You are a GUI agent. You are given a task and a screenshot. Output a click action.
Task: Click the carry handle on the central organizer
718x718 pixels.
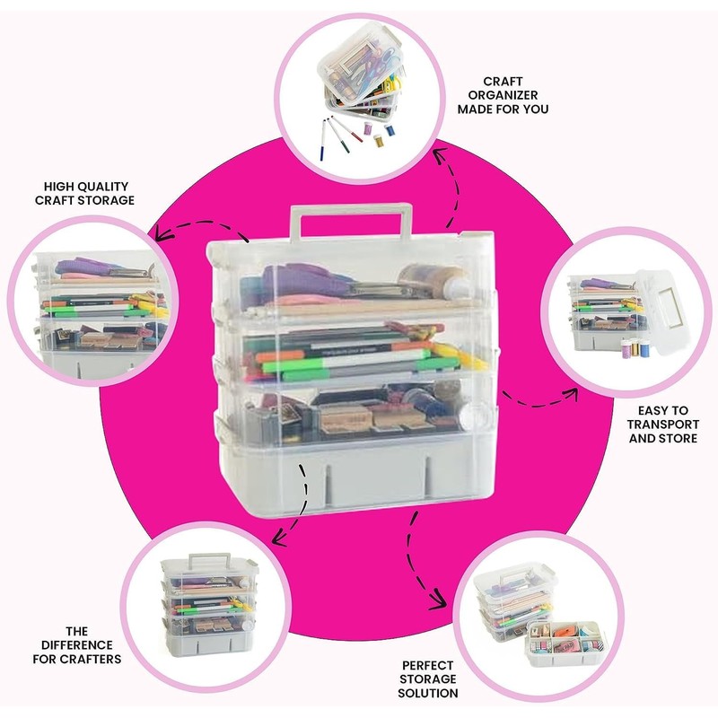[x=351, y=215]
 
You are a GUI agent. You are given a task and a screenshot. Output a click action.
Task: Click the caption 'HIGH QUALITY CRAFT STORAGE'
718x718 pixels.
[x=84, y=193]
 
